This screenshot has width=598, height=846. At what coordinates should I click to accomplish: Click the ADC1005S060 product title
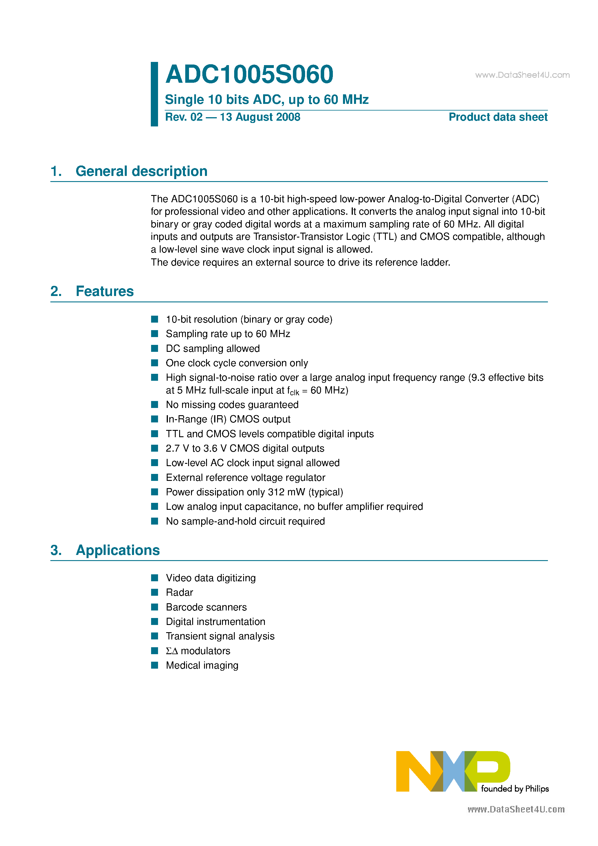point(249,74)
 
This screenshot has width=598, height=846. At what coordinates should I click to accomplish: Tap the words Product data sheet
point(498,117)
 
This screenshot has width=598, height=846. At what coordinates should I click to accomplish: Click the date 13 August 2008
point(260,117)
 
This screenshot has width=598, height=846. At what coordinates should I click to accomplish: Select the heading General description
point(141,171)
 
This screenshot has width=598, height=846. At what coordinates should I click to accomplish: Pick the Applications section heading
point(118,550)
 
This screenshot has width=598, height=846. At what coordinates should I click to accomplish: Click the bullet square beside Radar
point(155,592)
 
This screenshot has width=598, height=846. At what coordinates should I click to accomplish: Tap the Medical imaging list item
point(202,665)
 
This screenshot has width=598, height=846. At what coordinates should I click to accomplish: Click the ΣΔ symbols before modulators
point(172,651)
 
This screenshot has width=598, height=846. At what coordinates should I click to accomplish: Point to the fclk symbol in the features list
point(293,391)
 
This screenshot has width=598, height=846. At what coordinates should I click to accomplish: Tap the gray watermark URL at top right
point(522,75)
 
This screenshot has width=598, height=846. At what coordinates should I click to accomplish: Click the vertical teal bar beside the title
point(154,94)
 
